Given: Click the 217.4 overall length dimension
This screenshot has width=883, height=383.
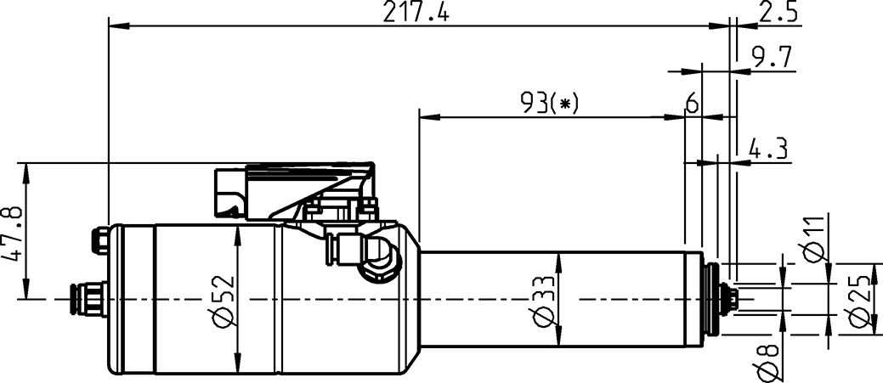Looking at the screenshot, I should coord(417,13).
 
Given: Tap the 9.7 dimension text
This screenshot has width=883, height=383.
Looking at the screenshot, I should coord(772,57).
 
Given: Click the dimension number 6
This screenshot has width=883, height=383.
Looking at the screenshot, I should coord(692,104).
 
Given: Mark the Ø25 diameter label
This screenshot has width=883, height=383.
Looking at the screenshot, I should coord(861,301).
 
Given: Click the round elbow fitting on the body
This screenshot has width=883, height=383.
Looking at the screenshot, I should coord(378,262).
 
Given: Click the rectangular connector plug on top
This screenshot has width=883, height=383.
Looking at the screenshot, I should coord(231,193).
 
